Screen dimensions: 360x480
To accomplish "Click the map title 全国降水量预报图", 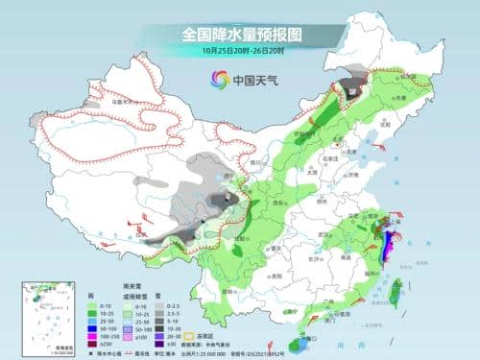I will pyautogui.click(x=240, y=33).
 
